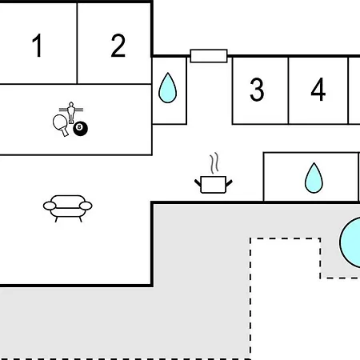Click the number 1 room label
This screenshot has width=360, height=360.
pos(38,46)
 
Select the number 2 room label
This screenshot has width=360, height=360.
pos(118,46)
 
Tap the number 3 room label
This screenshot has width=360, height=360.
pos(257,90)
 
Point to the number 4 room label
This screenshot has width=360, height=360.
pos(318,90)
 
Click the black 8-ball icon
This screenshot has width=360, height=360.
pos(80,129)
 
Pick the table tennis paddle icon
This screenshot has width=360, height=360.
pos(61,125)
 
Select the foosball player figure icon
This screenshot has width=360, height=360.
pos(71,113)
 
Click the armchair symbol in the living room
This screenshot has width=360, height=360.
pos(68,209)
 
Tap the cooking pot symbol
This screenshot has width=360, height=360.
pos(214,184)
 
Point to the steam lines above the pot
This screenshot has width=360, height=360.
pos(214,163)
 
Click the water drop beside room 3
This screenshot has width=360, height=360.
pos(168,88)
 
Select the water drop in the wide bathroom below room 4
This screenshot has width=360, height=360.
pos(314,178)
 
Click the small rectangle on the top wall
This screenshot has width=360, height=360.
pos(209,56)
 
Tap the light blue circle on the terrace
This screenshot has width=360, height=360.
pos(350,242)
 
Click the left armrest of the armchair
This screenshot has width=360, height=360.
pos(50,206)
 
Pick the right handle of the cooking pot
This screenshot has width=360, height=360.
pos(229,183)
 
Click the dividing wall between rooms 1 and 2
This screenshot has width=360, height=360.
pos(77,43)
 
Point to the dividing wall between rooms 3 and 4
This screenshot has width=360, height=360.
pos(288,90)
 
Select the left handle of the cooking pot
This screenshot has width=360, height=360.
pos(198,183)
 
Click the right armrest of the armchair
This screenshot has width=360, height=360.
pos(86,206)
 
